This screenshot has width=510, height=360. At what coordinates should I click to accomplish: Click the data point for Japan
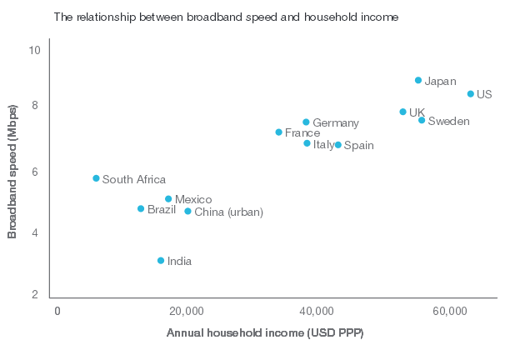click(x=418, y=80)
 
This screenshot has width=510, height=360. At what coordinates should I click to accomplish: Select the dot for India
click(x=161, y=261)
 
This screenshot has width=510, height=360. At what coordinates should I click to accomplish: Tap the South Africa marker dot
click(x=96, y=178)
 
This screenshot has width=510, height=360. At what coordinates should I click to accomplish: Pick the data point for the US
click(x=471, y=94)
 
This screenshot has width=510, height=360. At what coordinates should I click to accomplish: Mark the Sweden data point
click(x=422, y=121)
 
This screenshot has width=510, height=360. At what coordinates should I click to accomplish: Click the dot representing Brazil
click(x=141, y=208)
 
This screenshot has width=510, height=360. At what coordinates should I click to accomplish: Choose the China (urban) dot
click(x=187, y=212)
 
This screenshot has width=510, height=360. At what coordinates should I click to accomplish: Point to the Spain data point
click(x=337, y=145)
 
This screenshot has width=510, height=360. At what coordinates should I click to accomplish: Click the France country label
click(x=302, y=132)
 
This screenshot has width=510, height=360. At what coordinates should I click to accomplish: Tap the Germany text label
click(x=336, y=123)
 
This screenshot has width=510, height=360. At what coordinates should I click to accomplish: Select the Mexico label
click(x=193, y=199)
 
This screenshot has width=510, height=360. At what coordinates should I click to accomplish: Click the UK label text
click(x=417, y=112)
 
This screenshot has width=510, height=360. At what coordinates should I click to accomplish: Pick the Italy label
click(x=323, y=144)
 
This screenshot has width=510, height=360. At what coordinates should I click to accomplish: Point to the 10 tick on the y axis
click(x=35, y=50)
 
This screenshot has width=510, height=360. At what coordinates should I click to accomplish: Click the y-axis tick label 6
click(x=35, y=172)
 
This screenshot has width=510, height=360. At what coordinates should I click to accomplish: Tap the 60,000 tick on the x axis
click(x=449, y=312)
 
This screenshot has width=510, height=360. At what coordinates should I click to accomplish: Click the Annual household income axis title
click(x=265, y=332)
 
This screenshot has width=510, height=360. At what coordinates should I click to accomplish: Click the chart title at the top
click(x=225, y=16)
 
